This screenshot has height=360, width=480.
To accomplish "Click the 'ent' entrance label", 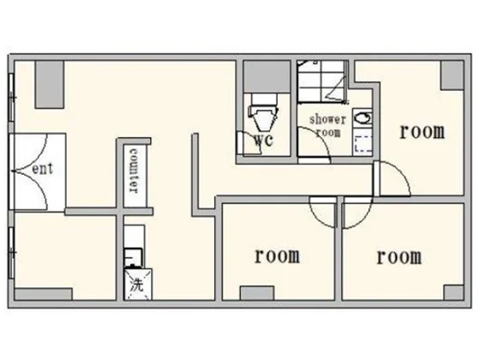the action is coord(42,169).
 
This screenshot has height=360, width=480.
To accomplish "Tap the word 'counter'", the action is coord(134,171).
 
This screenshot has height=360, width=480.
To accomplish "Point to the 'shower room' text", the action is coord(327,126).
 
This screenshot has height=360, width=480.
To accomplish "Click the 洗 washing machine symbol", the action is coord(137,285).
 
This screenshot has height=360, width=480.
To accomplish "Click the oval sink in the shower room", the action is coord(363,118).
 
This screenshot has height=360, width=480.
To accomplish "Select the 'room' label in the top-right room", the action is coord(422,132).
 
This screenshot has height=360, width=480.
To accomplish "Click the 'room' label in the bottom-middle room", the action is coord(278,256).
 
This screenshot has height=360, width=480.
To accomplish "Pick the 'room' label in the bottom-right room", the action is coord(399,257).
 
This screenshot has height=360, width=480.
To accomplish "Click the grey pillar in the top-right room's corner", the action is coord(453,75).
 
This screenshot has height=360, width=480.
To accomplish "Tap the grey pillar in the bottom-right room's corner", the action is coord(453,292).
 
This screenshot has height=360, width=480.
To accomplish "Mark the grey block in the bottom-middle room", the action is coord(257,293).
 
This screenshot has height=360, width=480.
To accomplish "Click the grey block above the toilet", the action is coord(267,76).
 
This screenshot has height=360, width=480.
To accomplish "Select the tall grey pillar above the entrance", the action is coord(50,85).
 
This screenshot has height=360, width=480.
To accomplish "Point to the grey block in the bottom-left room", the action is coord(44,294).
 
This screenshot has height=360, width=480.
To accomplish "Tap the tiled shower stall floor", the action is coord(322,81).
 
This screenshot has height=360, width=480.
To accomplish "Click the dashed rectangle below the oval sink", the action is coord(363,145).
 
